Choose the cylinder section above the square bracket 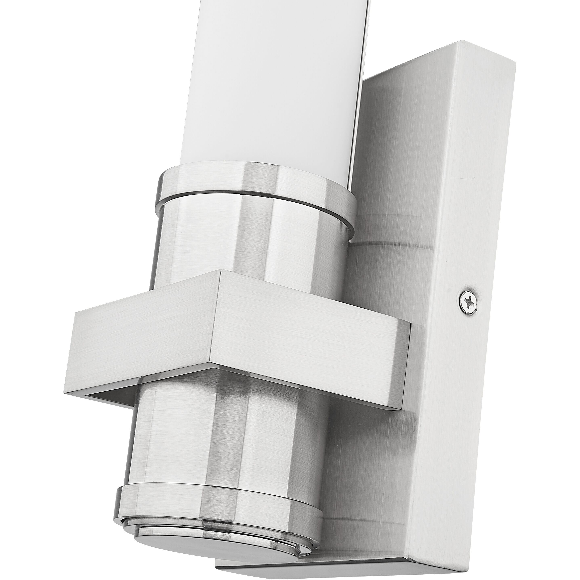(240, 240)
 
